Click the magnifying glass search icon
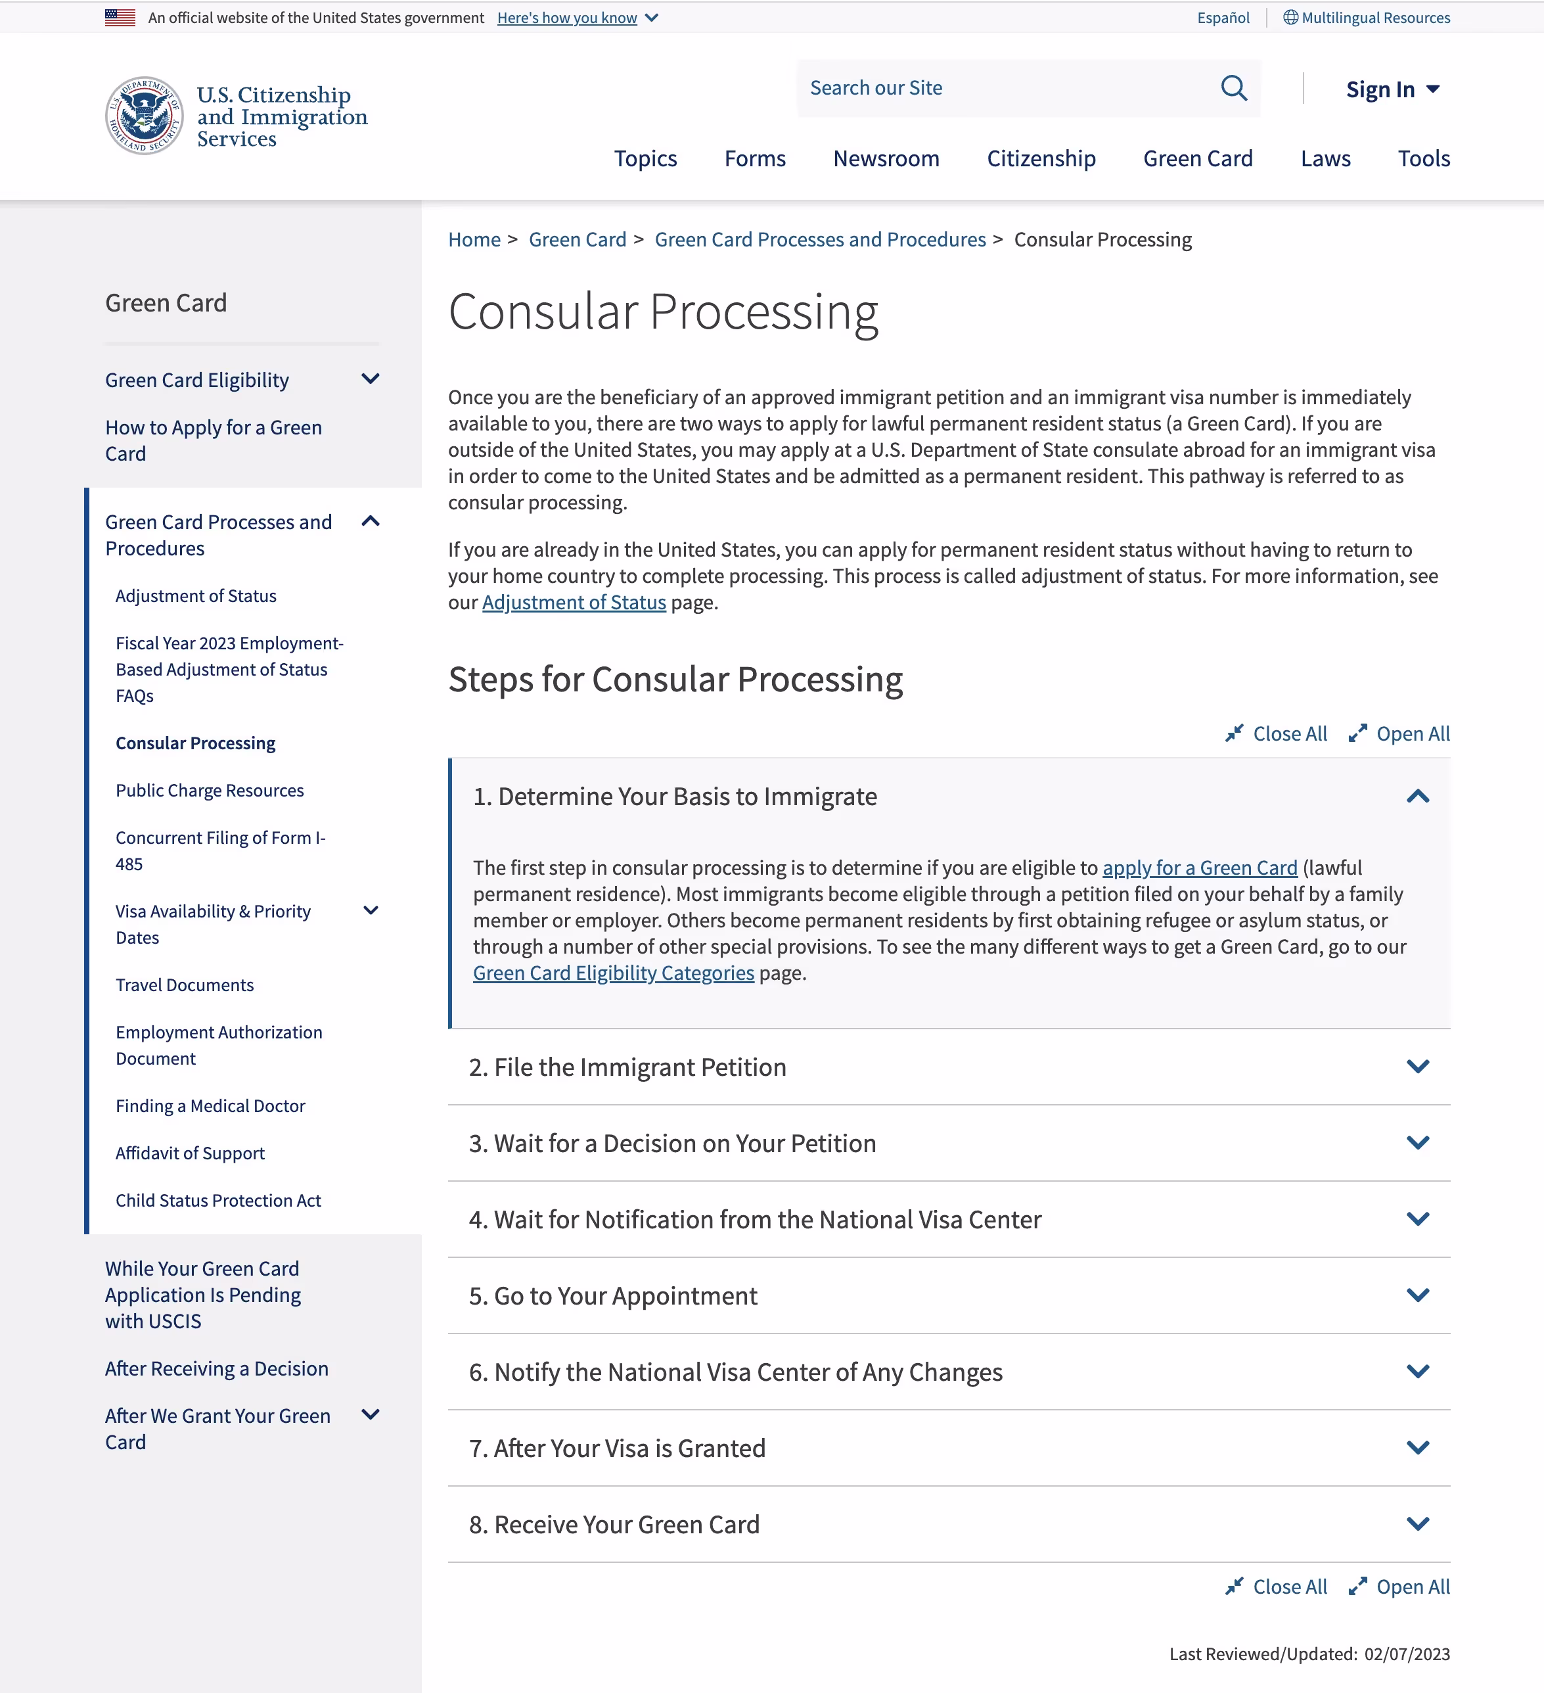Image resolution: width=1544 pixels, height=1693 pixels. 1233,88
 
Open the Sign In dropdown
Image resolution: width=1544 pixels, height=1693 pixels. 1392,89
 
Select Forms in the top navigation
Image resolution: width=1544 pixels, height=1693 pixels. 755,159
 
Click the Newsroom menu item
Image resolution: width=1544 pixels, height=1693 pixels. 886,159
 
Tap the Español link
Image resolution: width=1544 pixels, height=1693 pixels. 1223,18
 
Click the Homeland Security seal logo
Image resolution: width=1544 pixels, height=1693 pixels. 145,116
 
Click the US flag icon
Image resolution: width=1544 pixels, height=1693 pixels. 120,18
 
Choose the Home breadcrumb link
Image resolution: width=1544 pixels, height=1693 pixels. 474,239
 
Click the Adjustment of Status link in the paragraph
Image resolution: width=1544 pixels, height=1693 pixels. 574,602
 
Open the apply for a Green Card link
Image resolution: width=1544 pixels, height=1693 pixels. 1199,868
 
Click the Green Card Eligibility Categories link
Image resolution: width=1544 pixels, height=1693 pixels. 613,973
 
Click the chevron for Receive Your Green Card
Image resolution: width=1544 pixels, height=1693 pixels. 1417,1523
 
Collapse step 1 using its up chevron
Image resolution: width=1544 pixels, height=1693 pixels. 1417,796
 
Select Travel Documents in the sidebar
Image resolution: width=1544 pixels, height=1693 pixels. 185,985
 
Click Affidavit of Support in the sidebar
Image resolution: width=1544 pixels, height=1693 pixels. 190,1153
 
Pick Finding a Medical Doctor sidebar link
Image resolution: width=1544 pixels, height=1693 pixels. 210,1106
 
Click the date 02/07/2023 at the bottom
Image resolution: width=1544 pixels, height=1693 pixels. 1406,1654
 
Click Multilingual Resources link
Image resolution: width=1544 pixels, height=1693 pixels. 1374,18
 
